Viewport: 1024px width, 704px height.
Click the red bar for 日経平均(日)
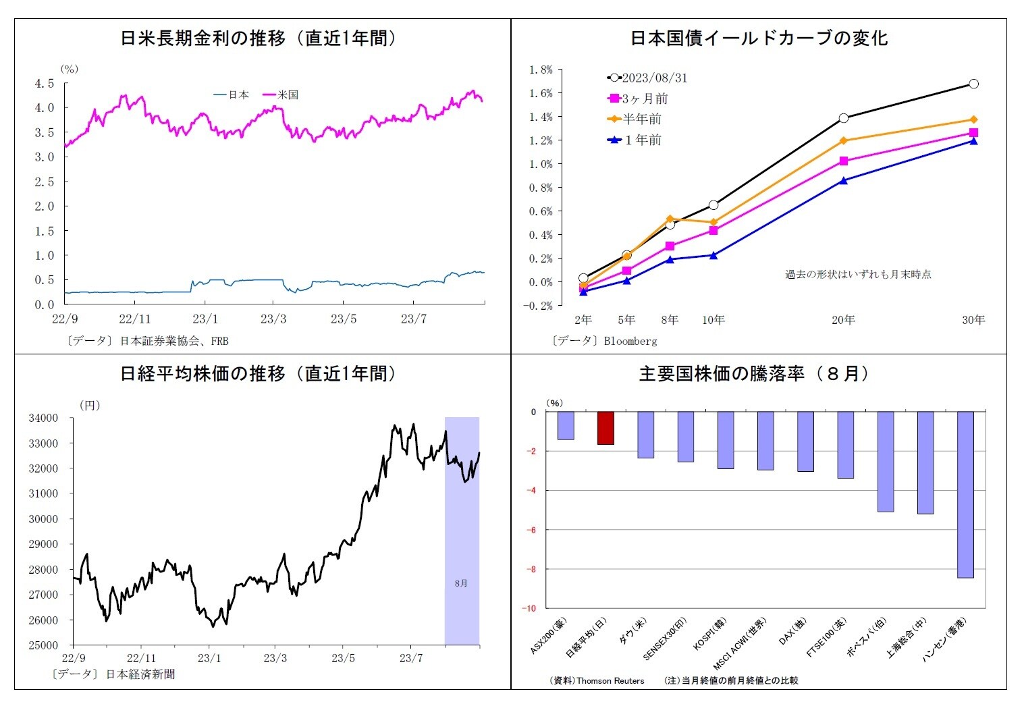[605, 428]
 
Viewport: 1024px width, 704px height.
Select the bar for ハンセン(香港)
[965, 495]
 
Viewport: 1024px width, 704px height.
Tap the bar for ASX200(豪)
[566, 426]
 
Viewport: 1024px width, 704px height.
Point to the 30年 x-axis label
[973, 320]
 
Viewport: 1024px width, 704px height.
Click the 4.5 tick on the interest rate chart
[45, 84]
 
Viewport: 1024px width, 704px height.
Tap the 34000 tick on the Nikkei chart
[43, 418]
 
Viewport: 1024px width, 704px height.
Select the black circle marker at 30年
[973, 84]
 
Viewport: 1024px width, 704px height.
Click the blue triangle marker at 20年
[844, 181]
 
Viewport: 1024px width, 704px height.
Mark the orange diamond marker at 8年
[670, 219]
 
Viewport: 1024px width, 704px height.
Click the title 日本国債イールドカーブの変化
[759, 38]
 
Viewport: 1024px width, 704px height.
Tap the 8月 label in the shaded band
[461, 583]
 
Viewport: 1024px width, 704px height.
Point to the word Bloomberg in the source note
[630, 342]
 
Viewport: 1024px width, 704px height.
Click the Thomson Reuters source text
[610, 680]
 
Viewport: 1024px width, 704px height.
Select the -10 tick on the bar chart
[529, 608]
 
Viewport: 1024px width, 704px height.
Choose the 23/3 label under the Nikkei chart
[275, 658]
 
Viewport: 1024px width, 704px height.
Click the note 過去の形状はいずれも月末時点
[858, 275]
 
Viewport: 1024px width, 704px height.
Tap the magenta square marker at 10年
[713, 231]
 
